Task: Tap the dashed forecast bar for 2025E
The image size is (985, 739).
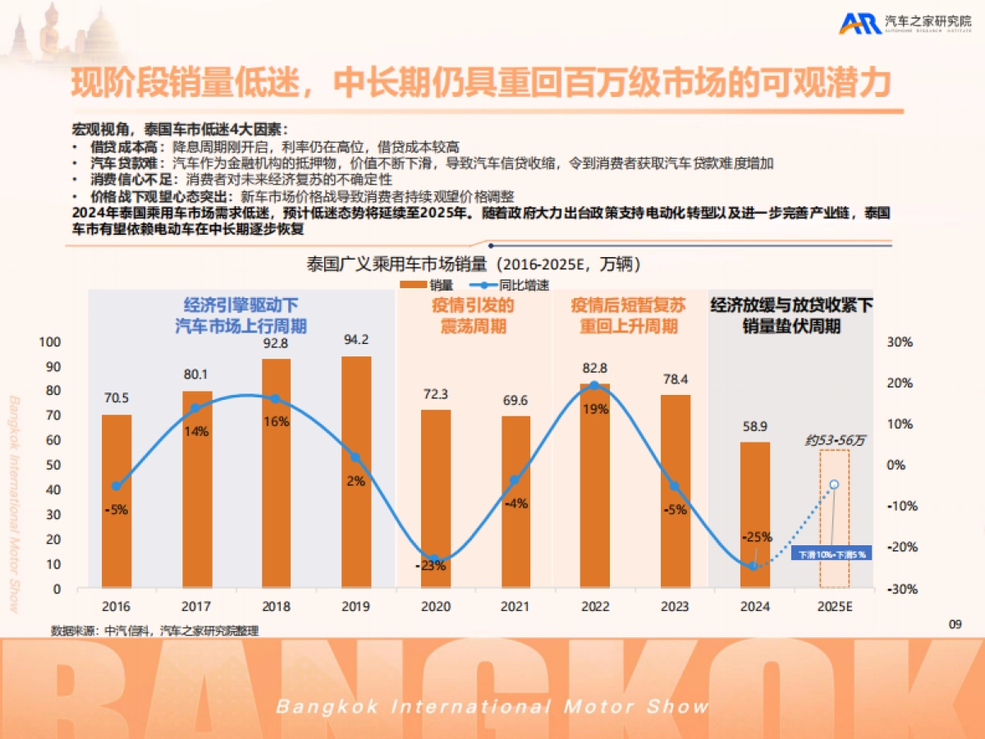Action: click(834, 519)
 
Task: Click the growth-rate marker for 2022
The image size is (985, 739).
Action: click(594, 385)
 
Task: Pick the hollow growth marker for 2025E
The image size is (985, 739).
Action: click(834, 484)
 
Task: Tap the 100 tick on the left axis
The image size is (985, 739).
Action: click(51, 342)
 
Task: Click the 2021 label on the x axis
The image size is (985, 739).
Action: click(515, 607)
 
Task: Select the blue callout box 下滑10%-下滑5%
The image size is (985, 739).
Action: click(832, 554)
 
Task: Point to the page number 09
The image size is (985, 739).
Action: click(955, 625)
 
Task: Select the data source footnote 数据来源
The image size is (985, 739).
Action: click(159, 631)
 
